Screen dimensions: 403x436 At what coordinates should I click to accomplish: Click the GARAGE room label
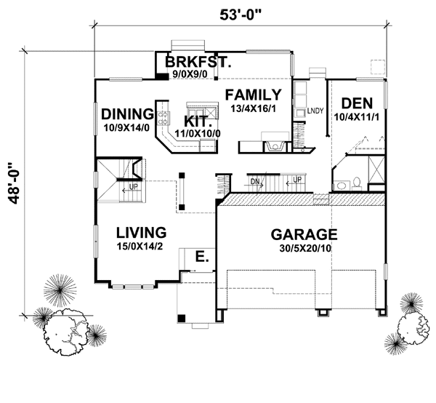pos(304,234)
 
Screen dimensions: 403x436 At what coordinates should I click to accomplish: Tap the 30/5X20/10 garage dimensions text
pos(304,249)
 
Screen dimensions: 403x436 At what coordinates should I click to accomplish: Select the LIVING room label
pos(142,232)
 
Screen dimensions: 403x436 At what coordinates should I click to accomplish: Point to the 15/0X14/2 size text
pos(142,247)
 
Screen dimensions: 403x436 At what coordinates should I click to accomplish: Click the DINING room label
pos(126,113)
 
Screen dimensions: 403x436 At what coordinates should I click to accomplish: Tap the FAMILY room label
pos(252,94)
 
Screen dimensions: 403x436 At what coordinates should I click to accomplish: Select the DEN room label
pos(357,103)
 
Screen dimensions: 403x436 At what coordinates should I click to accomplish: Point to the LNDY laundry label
pos(314,111)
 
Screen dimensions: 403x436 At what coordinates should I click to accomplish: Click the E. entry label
pos(202,256)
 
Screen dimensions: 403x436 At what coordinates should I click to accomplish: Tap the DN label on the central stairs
pos(255,181)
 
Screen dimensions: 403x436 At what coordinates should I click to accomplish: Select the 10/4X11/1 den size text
pos(357,116)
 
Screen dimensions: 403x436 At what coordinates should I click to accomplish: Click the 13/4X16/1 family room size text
pos(252,108)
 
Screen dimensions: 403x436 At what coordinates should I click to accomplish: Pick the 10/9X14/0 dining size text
pos(126,127)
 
